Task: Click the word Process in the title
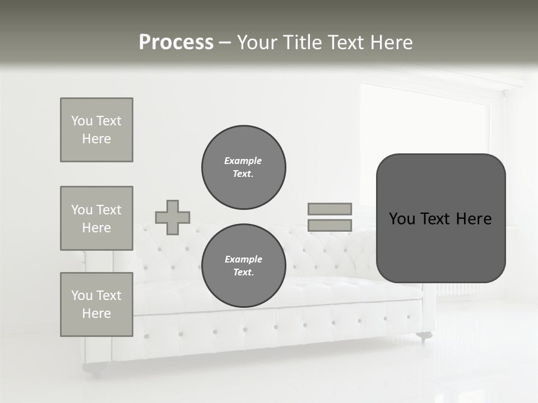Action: tap(176, 43)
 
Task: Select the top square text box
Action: tap(96, 130)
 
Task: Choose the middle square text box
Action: tap(96, 218)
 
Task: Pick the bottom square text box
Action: tap(96, 304)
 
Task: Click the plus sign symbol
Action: tap(173, 218)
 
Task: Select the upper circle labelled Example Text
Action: tap(244, 167)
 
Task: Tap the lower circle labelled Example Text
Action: tap(244, 266)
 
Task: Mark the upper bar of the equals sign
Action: tap(330, 209)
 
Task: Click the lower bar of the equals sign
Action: tap(330, 226)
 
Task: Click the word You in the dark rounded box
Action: tap(402, 219)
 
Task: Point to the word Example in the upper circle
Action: tap(243, 161)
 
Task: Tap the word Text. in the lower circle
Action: tap(243, 273)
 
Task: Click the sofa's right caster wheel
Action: tap(424, 336)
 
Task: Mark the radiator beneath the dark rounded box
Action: tap(458, 289)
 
